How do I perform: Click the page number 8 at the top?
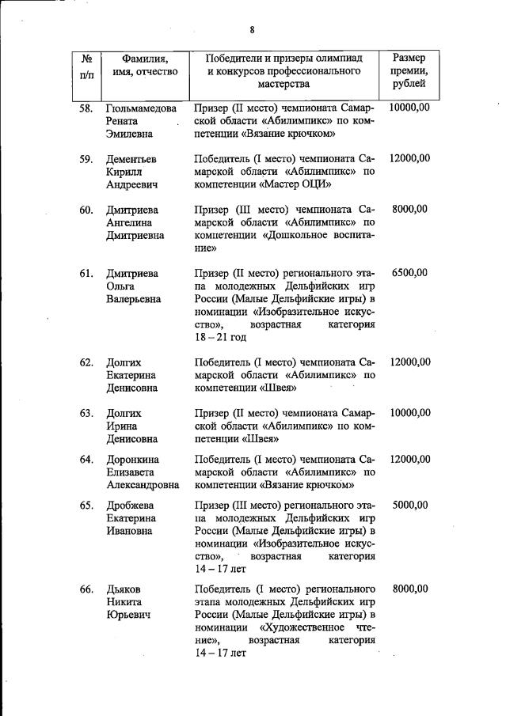tap(252, 30)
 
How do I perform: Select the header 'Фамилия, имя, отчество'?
tap(144, 65)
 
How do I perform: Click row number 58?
tap(87, 108)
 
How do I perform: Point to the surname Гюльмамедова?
tap(141, 108)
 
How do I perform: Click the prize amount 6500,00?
tap(410, 273)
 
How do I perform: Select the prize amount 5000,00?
tap(410, 505)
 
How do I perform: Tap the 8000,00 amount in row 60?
tap(410, 210)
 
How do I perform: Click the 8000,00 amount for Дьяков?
tap(410, 589)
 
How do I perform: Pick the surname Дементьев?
tap(133, 159)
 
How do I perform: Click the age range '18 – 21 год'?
tap(220, 337)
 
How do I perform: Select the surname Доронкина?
tap(132, 460)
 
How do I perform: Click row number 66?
tap(87, 589)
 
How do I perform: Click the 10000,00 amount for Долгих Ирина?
tap(410, 413)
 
